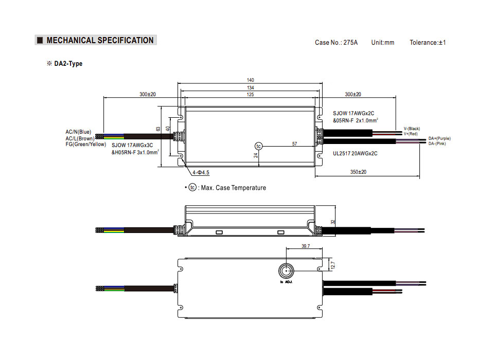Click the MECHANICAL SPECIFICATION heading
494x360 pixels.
tap(100, 40)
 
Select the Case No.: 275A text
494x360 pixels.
tap(336, 43)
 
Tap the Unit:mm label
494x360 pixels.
tap(382, 43)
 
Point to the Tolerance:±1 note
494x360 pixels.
tap(428, 43)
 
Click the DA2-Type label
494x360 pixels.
tap(68, 64)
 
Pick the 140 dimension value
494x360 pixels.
tap(250, 80)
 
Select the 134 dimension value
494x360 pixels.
tap(250, 87)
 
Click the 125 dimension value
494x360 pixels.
tap(250, 95)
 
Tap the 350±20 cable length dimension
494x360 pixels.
tap(358, 172)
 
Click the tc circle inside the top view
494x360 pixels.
tap(258, 146)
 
